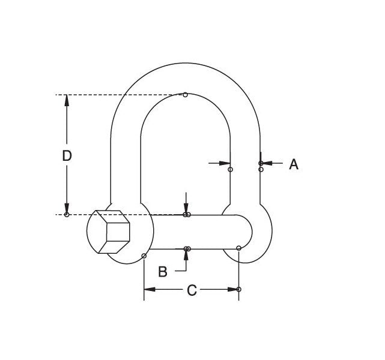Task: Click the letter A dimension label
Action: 294,164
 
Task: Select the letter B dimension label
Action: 163,271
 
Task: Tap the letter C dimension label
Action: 192,290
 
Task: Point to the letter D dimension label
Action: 67,155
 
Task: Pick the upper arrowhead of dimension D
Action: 67,100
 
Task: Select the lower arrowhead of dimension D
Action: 67,208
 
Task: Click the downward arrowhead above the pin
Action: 187,209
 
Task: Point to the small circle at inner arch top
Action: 185,95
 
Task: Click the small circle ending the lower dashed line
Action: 67,215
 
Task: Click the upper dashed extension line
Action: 120,95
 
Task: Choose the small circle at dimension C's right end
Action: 239,290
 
